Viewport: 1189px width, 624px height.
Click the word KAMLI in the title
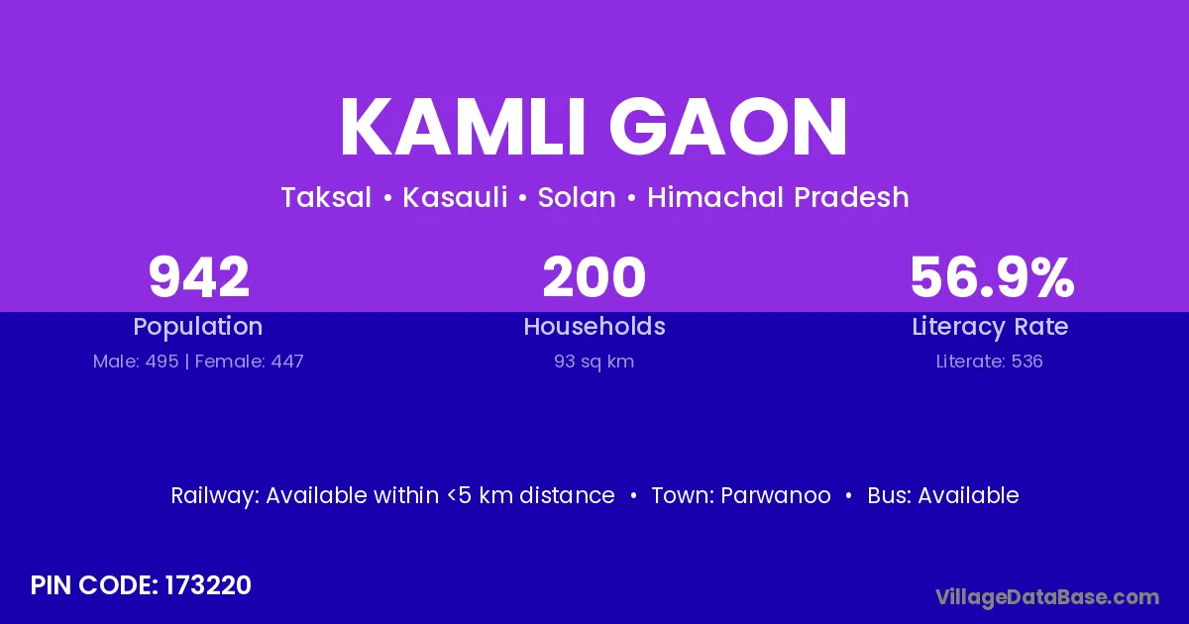[x=463, y=128]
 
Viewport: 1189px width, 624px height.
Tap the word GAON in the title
[x=727, y=128]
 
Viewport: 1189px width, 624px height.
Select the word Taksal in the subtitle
[x=326, y=197]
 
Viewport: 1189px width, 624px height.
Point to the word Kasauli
[x=455, y=197]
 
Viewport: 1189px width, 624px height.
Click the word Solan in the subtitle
[x=577, y=197]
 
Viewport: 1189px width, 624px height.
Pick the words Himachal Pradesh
[x=778, y=197]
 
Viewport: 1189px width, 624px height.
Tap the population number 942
[x=198, y=277]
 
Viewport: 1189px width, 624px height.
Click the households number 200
[x=594, y=277]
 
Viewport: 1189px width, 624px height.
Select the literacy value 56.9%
[x=992, y=277]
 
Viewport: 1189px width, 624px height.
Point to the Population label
[x=198, y=327]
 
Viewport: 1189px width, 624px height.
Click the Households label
[x=594, y=326]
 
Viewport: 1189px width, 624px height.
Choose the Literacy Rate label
[x=990, y=327]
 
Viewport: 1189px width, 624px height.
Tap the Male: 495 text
[x=136, y=362]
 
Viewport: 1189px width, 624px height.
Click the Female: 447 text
[x=249, y=362]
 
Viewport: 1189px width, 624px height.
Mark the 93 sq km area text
[x=594, y=362]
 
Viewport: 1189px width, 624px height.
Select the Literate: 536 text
[x=990, y=362]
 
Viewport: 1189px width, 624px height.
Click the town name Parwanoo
[x=776, y=495]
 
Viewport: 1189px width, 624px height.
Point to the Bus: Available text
[x=943, y=495]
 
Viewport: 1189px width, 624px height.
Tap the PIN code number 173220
[x=207, y=585]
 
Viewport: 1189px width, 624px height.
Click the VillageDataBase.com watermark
[x=1047, y=597]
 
